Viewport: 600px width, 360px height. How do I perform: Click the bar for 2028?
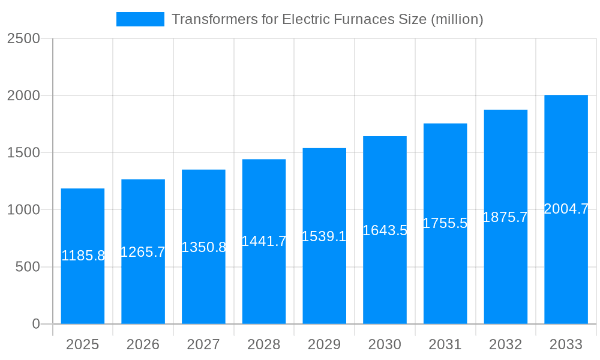point(264,282)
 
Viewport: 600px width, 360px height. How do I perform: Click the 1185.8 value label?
point(83,256)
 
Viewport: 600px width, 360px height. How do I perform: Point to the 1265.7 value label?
point(143,252)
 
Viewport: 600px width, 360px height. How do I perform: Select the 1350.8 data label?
point(203,247)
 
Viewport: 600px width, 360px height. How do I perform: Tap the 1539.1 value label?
point(324,236)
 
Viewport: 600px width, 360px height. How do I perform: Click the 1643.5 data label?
point(385,230)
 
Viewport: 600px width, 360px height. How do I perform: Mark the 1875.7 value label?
point(505,217)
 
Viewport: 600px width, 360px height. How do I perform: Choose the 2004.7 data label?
point(566,209)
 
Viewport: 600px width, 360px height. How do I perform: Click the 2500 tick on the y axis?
point(23,38)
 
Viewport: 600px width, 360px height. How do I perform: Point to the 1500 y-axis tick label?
point(23,152)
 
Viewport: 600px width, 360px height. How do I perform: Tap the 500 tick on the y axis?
point(28,267)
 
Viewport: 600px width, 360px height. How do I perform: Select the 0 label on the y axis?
point(35,324)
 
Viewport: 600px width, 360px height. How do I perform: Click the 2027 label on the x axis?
point(203,344)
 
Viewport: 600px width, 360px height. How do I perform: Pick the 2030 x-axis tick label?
point(385,344)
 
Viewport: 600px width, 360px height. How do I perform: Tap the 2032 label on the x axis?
point(505,344)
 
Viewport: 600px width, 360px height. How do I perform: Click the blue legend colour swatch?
point(140,19)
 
